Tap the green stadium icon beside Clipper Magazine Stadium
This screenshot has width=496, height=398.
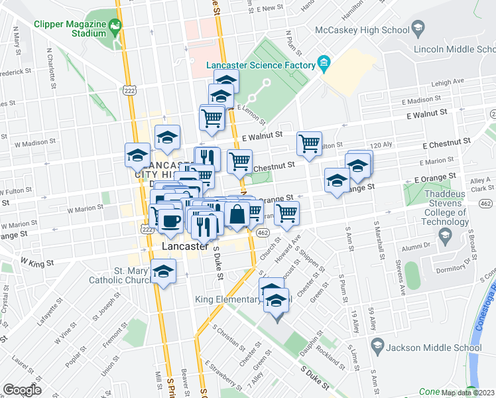pyautogui.click(x=116, y=27)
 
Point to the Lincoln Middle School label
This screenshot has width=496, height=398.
pyautogui.click(x=453, y=50)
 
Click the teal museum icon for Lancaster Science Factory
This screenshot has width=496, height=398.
pyautogui.click(x=324, y=64)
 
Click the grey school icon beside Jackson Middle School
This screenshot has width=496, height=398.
pyautogui.click(x=377, y=346)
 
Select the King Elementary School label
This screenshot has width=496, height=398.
pyautogui.click(x=243, y=300)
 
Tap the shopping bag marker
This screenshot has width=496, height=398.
pyautogui.click(x=237, y=214)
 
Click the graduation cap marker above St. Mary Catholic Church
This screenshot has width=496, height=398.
pyautogui.click(x=163, y=271)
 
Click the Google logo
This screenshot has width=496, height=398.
pyautogui.click(x=22, y=389)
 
